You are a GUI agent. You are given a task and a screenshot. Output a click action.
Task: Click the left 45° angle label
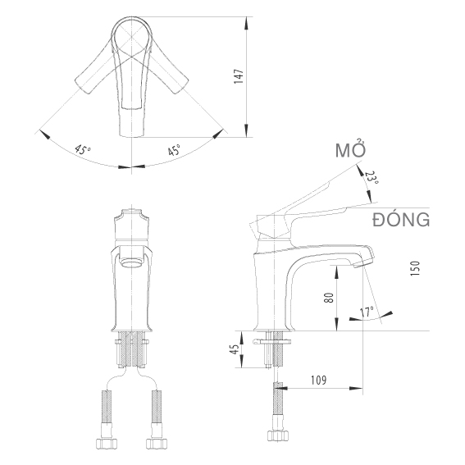pos(83,151)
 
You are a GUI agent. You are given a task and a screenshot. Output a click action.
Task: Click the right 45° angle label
pos(175,151)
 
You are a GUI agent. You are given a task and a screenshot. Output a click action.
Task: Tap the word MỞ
pos(350,151)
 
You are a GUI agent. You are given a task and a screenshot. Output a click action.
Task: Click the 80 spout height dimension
pos(329,298)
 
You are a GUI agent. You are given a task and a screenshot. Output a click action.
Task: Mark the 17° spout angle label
pos(366,312)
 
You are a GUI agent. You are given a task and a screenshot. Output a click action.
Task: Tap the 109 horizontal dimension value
pos(320,380)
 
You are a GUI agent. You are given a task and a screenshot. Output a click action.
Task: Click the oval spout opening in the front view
pos(132,263)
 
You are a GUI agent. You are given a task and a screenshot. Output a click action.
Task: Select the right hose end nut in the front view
pos(157,445)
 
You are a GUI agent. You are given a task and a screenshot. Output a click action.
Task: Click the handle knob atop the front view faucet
pos(131,221)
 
